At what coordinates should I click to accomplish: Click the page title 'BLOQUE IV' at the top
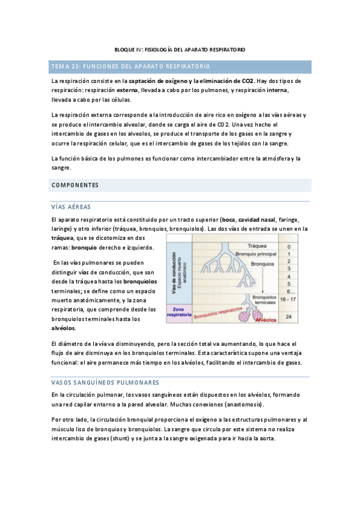pos(180,49)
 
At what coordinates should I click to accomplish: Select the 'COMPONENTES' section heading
pos(75,185)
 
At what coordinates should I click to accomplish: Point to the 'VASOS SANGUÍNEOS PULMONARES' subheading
pos(105,382)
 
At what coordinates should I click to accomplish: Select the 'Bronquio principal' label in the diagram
pos(258,253)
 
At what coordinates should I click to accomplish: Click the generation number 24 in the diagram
pos(289,316)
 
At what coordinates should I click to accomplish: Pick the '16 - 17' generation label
pos(289,298)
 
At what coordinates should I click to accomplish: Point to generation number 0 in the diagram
pos(289,247)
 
